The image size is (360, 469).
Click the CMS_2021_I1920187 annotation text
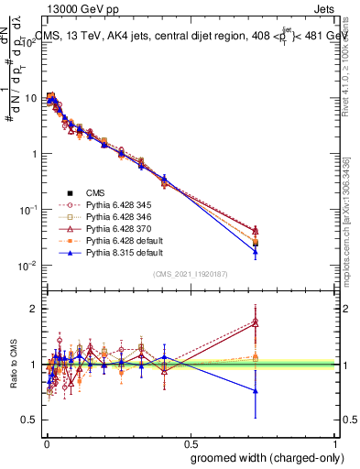tap(190, 275)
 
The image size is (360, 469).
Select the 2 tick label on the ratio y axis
tap(35, 309)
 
